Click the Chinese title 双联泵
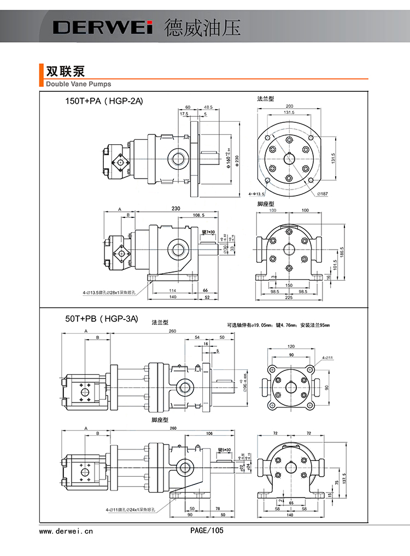point(65,72)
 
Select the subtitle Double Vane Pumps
point(78,84)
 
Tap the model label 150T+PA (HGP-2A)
point(104,101)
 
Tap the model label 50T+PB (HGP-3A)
point(102,318)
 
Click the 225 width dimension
point(289,298)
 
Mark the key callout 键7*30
point(208,233)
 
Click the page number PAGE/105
point(207,530)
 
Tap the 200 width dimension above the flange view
point(289,106)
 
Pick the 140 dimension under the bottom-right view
point(289,515)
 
